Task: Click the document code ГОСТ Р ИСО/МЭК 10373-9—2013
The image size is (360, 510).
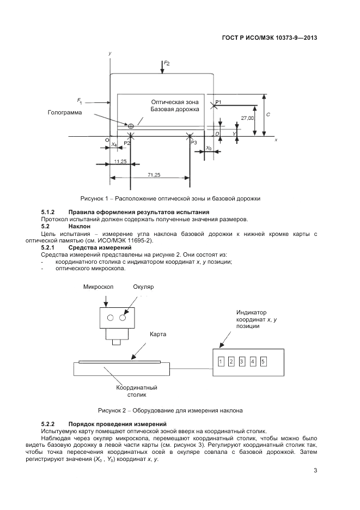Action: (x=270, y=38)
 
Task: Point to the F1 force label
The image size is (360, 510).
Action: (x=80, y=101)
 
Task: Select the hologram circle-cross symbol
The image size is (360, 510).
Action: (x=131, y=126)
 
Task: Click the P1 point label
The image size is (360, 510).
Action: (x=218, y=102)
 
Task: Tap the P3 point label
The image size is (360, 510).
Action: (x=194, y=143)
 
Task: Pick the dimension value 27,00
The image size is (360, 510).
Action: (x=247, y=118)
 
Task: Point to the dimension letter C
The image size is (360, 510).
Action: (x=268, y=115)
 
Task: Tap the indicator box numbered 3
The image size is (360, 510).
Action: (x=242, y=361)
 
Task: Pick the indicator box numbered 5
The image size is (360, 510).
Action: (x=263, y=361)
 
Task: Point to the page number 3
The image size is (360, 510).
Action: (x=315, y=471)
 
